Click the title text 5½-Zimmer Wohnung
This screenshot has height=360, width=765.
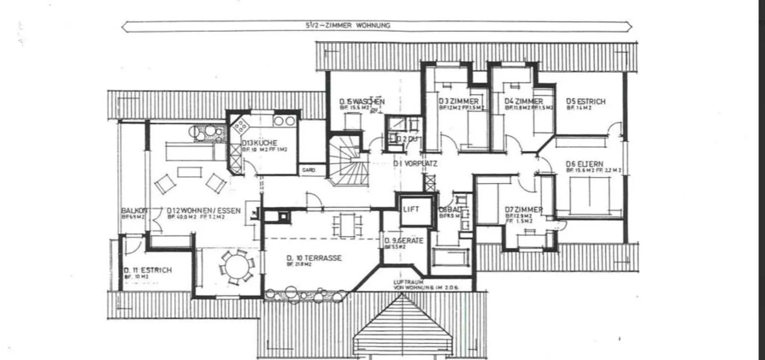(x=344, y=25)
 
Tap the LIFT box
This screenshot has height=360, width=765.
(x=411, y=209)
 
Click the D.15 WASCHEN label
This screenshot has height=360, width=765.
(x=362, y=101)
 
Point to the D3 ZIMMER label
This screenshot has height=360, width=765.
(x=458, y=101)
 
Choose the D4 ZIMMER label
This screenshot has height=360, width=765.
(x=523, y=101)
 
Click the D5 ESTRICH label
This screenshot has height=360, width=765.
(x=585, y=101)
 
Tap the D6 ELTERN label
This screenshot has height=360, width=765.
(x=584, y=164)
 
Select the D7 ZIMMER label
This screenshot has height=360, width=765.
(x=523, y=210)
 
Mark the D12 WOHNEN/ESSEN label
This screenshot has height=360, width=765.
(x=203, y=211)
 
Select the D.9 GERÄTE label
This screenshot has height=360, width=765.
(x=403, y=241)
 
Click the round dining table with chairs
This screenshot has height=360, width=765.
(x=234, y=265)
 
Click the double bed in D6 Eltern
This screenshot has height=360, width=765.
(x=589, y=194)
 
